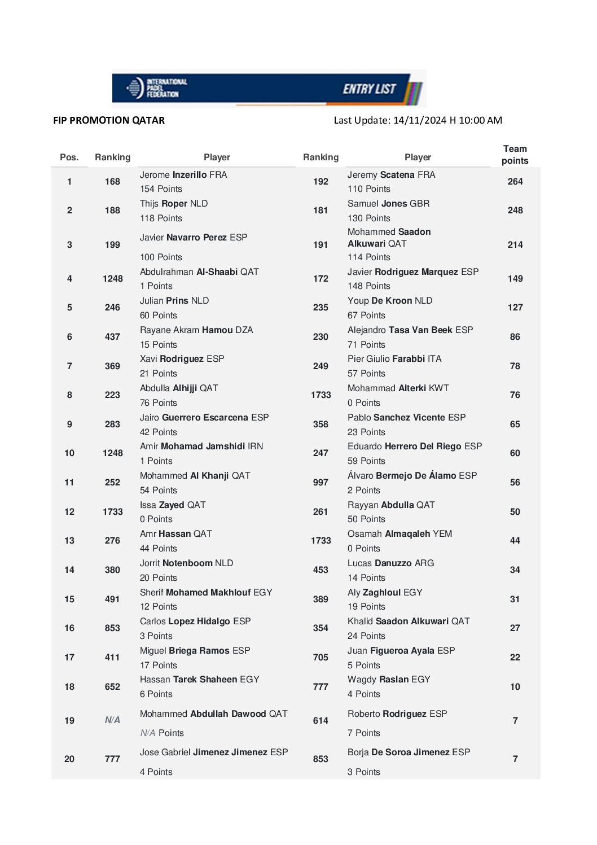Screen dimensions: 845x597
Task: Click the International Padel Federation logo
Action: coord(156,88)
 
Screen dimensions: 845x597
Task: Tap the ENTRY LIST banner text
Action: coord(369,89)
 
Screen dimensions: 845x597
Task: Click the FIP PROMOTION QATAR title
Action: coord(109,120)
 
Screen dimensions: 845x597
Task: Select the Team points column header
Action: coord(515,155)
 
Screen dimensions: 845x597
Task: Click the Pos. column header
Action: coord(69,157)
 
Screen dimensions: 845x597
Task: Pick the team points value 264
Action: coord(515,181)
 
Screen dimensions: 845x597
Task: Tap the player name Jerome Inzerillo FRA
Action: coord(183,174)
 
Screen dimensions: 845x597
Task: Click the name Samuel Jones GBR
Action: coord(388,203)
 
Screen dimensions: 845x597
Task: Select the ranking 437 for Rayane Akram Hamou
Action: coord(112,336)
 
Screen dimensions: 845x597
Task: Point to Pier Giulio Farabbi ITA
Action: coord(394,358)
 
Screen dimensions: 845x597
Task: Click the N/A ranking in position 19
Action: coord(112,720)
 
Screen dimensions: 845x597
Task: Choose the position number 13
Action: coord(69,540)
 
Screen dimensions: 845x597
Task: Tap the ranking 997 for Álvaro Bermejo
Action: coord(321,482)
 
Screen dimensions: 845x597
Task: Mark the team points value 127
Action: coord(515,307)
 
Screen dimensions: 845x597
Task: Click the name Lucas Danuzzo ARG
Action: coord(390,563)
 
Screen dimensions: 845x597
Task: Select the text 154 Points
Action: coord(161,189)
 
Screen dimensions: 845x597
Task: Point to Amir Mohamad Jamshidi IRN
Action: coord(201,446)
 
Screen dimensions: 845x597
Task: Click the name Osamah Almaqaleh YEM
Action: coord(400,533)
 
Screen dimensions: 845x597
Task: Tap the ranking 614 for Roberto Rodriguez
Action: coord(321,720)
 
